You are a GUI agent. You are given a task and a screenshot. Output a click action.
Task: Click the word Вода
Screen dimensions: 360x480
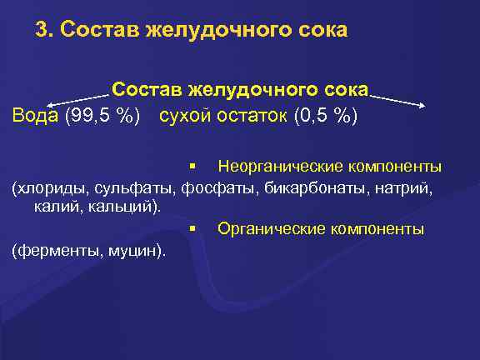[x=35, y=114]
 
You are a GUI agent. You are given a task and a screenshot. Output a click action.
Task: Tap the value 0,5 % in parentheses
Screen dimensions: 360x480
[x=327, y=114]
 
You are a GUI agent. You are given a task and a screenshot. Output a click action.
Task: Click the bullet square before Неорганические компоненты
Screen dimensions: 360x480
[x=192, y=166]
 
